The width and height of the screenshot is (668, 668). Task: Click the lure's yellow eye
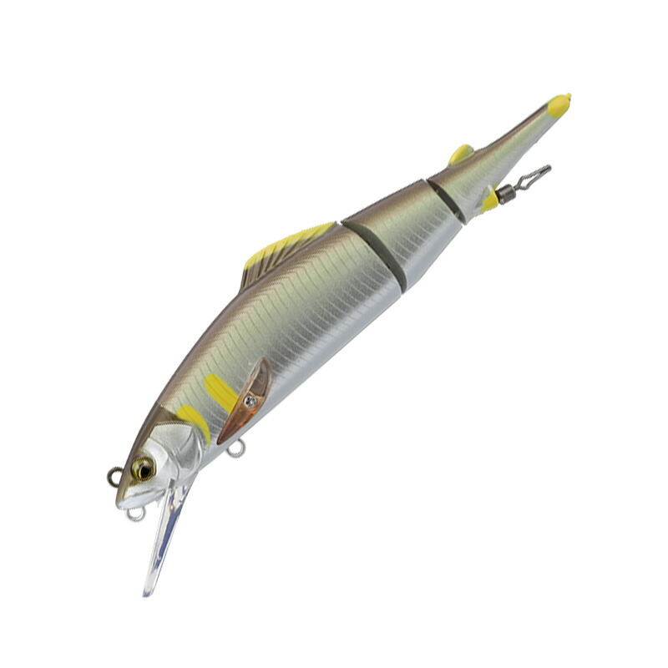pos(144,468)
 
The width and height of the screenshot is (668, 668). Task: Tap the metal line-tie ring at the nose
pos(114,477)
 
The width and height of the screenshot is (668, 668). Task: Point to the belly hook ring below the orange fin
pos(238,449)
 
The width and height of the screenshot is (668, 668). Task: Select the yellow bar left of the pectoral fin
pos(220,392)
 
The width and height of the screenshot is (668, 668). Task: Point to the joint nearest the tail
pos(448,198)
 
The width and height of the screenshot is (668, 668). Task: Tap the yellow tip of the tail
pos(559,105)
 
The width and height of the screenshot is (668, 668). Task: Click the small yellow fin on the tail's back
pos(461,154)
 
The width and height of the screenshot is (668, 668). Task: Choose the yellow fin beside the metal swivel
pos(490,201)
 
